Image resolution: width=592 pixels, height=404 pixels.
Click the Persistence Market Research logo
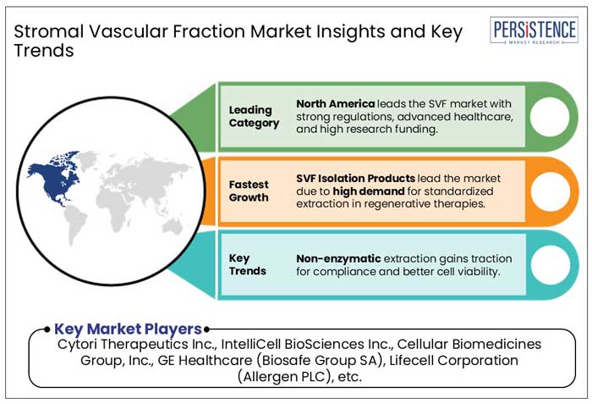coord(534,30)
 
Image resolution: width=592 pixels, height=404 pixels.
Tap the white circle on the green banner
coord(550,117)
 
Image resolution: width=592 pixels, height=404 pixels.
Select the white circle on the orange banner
coord(551,191)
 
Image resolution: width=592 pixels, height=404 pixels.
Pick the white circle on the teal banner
coord(551,264)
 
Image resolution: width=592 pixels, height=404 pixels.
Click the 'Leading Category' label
coord(254,117)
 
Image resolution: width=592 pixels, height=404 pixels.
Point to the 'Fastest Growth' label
coord(249,191)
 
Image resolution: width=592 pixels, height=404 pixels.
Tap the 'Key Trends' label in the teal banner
coord(247,264)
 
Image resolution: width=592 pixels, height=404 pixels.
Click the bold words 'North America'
coord(335,103)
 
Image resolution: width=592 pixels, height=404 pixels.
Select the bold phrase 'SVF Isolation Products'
coord(355,178)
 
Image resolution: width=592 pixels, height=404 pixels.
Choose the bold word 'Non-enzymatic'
coord(338,258)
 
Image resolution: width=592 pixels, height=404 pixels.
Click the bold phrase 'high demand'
coord(369,191)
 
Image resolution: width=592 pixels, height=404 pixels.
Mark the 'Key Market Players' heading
coord(128,329)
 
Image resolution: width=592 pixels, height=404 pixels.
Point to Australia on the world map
coord(173,226)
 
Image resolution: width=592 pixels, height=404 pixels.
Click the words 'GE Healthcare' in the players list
coord(205,360)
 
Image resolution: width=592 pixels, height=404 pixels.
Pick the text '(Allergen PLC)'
coord(282,377)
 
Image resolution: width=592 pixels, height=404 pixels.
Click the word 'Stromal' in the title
coord(49,31)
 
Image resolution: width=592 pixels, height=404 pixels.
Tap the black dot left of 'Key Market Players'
coord(47,329)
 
